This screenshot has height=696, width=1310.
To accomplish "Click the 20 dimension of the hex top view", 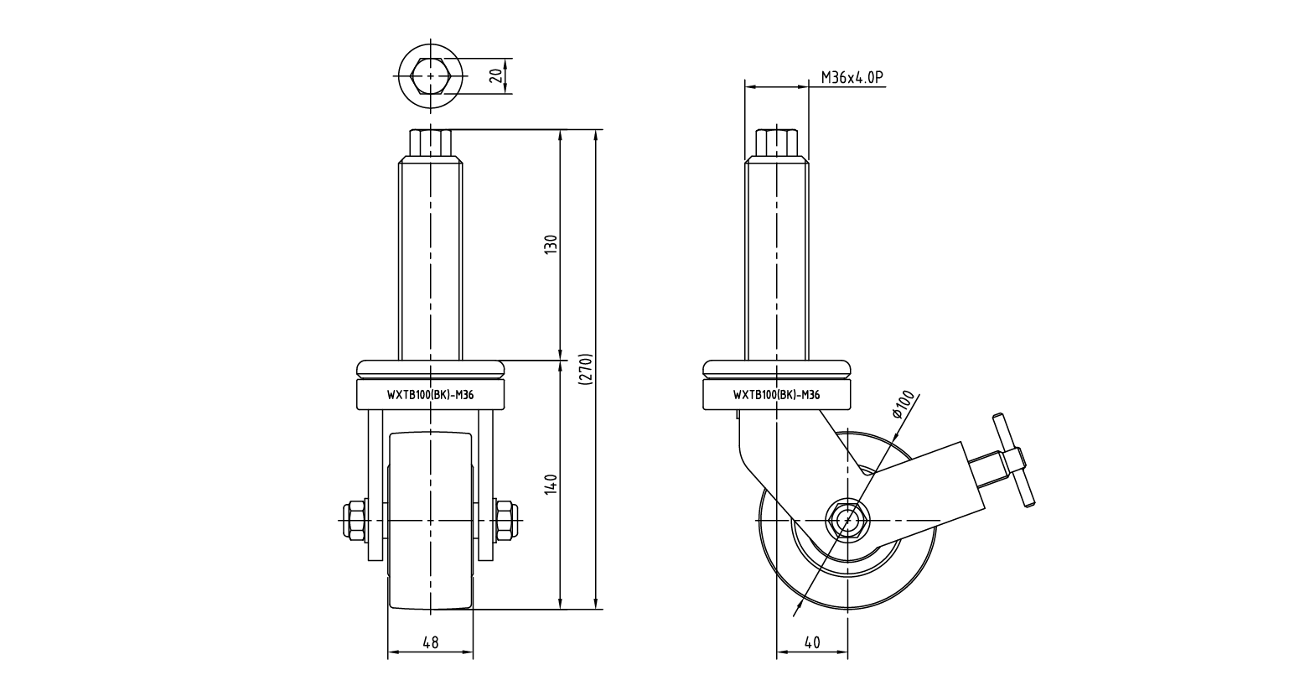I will pos(495,75).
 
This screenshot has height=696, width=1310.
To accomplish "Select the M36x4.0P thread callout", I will pos(852,78).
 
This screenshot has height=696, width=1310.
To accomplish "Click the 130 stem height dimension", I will pos(551,245).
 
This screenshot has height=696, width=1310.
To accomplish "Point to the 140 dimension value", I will pos(551,484).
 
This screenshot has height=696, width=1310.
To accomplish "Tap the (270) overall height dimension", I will pos(586,369).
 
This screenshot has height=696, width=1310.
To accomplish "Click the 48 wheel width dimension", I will pos(430,643).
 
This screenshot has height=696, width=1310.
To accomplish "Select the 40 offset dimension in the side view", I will pos(811,643).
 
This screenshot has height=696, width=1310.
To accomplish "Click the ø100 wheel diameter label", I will pos(904,405).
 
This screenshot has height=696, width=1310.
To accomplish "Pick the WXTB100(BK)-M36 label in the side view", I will pos(776,395).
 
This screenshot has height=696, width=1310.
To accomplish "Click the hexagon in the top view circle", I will pos(431,75).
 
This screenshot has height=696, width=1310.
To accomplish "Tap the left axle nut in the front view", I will pos(353,520).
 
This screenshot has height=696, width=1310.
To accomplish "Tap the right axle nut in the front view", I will pos(505,520).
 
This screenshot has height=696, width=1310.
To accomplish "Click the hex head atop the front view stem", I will pos(430,142).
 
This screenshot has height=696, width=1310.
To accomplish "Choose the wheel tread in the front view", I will pos(430,520).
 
